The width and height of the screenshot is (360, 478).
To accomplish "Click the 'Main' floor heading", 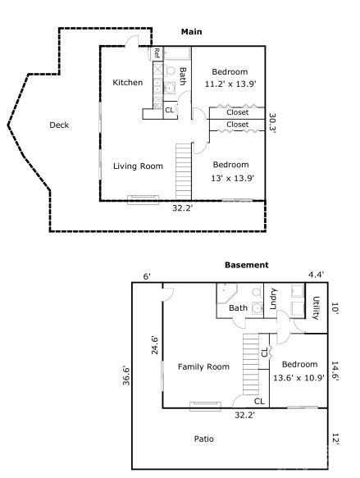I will pyautogui.click(x=191, y=32).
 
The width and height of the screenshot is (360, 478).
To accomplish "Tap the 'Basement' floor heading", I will pyautogui.click(x=246, y=265).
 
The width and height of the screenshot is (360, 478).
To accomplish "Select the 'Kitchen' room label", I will pyautogui.click(x=127, y=82).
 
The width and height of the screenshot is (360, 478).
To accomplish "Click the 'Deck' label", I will pyautogui.click(x=59, y=125).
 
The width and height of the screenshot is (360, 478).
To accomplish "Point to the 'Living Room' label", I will pyautogui.click(x=138, y=166).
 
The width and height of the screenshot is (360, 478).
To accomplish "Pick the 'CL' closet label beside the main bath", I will pyautogui.click(x=170, y=110).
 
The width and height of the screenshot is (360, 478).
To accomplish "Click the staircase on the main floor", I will pyautogui.click(x=184, y=170).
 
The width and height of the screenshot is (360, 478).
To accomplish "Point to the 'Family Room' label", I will pyautogui.click(x=203, y=366).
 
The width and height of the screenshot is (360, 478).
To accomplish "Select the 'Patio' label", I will pyautogui.click(x=204, y=439).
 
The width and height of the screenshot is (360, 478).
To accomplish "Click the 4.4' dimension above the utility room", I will pyautogui.click(x=317, y=275).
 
